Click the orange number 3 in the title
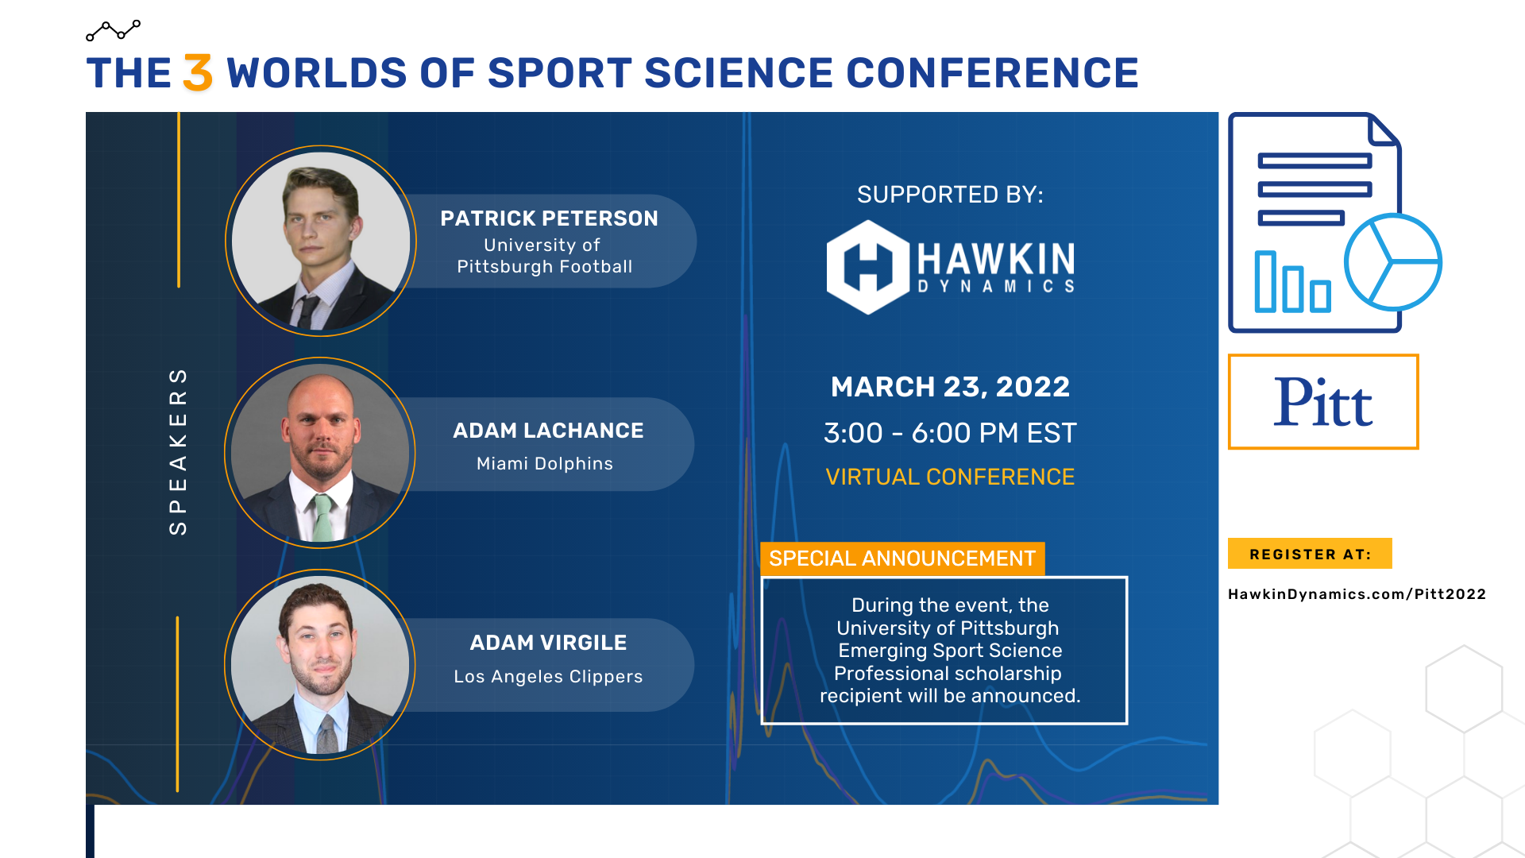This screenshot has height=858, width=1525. [x=198, y=73]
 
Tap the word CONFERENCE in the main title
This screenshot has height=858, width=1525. [x=992, y=73]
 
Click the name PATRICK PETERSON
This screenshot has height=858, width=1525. [x=549, y=218]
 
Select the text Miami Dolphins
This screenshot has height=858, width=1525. [x=544, y=464]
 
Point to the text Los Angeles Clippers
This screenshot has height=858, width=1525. [x=548, y=677]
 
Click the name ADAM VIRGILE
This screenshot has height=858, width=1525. [x=548, y=643]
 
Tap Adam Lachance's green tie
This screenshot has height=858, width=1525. [x=322, y=517]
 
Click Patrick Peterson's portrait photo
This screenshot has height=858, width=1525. [x=321, y=241]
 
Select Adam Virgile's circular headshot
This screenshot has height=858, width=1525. [x=320, y=665]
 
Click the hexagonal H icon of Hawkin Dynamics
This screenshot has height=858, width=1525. [x=867, y=267]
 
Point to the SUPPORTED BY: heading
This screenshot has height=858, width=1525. [x=950, y=195]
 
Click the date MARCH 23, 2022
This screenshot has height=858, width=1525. [x=950, y=387]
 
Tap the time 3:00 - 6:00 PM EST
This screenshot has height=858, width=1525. [x=950, y=433]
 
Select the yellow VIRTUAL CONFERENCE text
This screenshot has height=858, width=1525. [x=950, y=477]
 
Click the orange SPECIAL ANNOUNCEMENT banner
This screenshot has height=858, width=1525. [x=902, y=558]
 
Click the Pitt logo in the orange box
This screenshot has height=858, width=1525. [x=1323, y=402]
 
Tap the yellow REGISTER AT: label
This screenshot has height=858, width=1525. [x=1310, y=554]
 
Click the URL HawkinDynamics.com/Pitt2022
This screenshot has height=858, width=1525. [x=1357, y=594]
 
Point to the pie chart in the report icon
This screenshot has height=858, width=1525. [x=1392, y=262]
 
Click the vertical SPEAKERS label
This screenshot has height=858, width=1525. [x=178, y=450]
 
